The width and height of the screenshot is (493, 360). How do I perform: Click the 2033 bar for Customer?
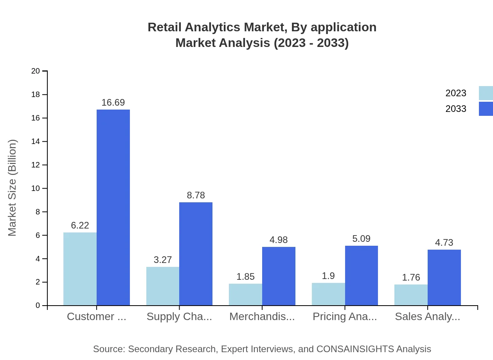click(x=113, y=207)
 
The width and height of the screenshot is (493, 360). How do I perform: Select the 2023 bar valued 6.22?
click(x=80, y=269)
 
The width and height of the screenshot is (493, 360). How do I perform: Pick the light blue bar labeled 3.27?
click(x=163, y=286)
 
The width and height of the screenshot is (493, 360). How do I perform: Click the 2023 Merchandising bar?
click(x=245, y=294)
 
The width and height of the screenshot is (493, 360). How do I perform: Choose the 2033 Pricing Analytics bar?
click(x=362, y=275)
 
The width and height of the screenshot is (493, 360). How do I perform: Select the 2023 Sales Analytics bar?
click(x=411, y=295)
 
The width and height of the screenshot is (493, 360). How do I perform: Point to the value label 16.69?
click(x=113, y=103)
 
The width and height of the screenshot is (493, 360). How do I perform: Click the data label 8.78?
click(x=196, y=195)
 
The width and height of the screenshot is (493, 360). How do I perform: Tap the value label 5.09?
click(x=361, y=239)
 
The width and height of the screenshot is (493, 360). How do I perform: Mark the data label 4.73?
click(x=444, y=243)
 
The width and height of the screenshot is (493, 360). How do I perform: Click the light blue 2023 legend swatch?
click(x=486, y=93)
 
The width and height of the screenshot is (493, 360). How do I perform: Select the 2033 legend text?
click(x=456, y=109)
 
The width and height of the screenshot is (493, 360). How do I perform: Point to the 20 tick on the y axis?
click(x=36, y=71)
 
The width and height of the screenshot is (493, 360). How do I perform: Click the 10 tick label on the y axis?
click(x=36, y=189)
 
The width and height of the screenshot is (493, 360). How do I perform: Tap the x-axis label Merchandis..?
click(x=262, y=317)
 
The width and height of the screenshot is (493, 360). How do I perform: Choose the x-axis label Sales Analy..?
click(x=427, y=317)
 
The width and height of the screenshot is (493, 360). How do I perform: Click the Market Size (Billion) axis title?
click(x=13, y=188)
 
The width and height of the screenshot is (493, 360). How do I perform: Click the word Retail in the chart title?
click(x=164, y=27)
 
